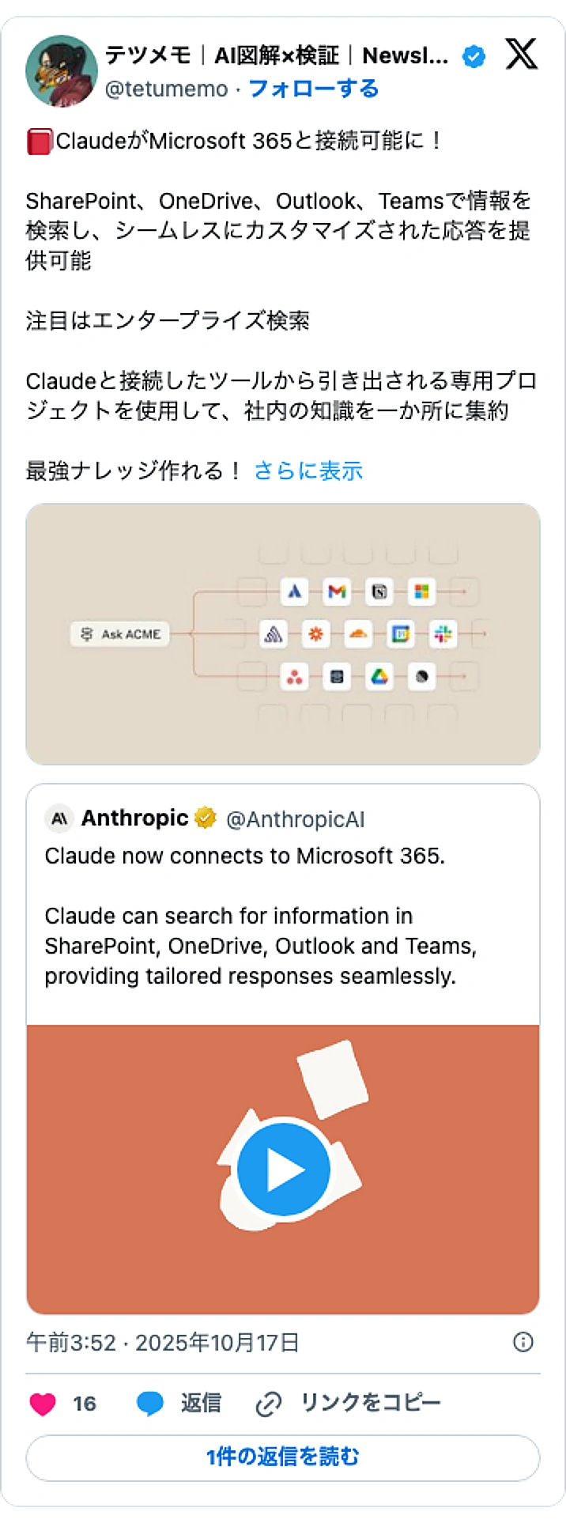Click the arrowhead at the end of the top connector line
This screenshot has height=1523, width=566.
tap(463, 591)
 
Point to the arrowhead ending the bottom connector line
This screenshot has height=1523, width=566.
tap(463, 677)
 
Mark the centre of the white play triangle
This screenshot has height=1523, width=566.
tap(285, 1170)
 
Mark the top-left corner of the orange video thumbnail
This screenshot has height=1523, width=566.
tap(27, 1026)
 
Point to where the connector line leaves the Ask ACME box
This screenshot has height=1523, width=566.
tap(169, 633)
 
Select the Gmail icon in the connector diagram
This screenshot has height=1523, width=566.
tap(337, 591)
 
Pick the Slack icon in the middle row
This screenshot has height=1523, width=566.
tap(443, 633)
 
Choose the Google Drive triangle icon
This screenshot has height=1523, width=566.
tap(379, 677)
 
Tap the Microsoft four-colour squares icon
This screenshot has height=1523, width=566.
tap(421, 591)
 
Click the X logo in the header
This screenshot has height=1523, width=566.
tap(522, 55)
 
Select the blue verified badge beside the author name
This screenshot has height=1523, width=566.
tap(474, 57)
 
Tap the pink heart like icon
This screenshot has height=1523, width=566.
tap(43, 1404)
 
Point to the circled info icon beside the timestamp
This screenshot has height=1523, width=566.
tap(523, 1342)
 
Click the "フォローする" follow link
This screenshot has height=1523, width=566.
tap(314, 89)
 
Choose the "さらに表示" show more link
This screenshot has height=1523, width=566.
tap(308, 471)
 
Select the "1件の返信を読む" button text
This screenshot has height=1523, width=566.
tap(283, 1457)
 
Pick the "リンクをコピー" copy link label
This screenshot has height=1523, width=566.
tap(371, 1403)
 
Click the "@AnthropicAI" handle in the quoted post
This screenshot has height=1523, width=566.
tap(296, 819)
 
